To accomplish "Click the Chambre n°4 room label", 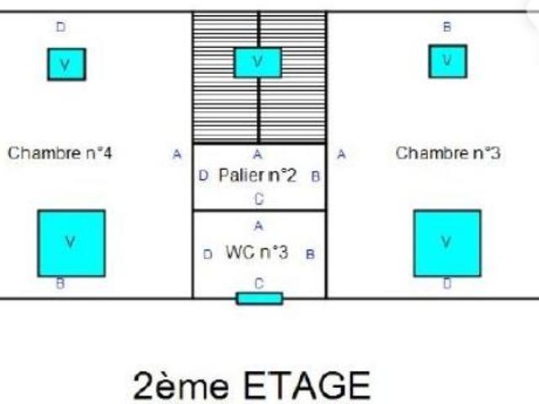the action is point(60,153).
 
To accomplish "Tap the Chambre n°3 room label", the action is point(448,153).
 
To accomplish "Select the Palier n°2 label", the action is point(258,175).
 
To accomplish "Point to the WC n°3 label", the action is point(257,252).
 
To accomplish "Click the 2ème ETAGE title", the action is point(252,385).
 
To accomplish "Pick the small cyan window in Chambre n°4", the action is point(67,64).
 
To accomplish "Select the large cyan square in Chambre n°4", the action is point(72,243).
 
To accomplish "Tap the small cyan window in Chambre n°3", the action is point(447,61).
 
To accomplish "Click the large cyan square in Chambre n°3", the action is point(447,243).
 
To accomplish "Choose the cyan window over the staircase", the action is point(258,62).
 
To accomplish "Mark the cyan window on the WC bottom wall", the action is point(260,299).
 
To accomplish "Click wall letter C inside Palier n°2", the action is point(259,199).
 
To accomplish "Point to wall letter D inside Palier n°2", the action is point(203,176).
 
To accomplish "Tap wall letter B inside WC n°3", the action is point(310,254).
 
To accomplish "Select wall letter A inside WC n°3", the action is point(259,226).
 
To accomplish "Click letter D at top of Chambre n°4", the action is point(61,27).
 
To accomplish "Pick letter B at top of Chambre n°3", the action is point(447,27).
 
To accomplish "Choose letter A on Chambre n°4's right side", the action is point(177,154).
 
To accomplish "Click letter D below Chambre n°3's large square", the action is point(447,284).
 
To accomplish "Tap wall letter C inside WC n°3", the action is point(259,284).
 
